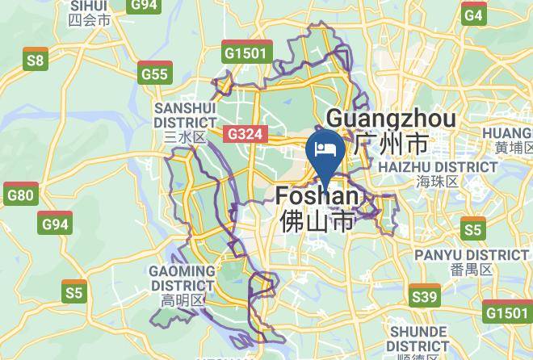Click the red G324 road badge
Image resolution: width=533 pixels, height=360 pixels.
click(x=245, y=134)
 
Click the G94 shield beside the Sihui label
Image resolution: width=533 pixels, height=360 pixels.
click(x=144, y=4)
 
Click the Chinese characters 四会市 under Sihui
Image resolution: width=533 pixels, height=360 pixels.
click(x=90, y=20)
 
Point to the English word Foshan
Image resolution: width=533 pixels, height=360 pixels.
click(x=317, y=196)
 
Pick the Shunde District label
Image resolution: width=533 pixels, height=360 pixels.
click(x=418, y=339)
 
